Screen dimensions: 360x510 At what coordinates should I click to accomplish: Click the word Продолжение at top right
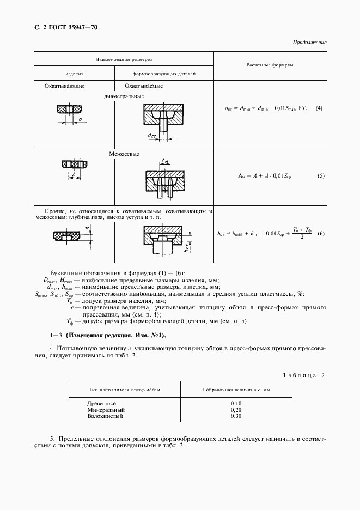[309, 42]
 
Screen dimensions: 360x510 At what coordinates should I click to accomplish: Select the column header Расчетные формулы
[270, 65]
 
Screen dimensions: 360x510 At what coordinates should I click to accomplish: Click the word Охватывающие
[64, 86]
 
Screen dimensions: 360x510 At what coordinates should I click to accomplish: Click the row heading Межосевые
[124, 154]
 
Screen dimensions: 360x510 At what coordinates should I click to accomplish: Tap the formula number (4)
[319, 108]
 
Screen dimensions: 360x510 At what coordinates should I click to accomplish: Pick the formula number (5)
[321, 176]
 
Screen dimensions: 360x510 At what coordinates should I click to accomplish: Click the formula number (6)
[321, 234]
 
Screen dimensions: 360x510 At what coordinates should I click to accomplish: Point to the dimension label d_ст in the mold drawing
[151, 135]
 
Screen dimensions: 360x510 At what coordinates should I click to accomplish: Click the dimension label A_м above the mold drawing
[165, 160]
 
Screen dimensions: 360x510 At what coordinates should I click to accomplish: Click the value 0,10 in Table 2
[236, 403]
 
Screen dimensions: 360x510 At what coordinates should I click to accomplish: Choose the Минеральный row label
[106, 409]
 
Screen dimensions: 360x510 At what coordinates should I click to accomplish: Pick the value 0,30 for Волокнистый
[236, 416]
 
